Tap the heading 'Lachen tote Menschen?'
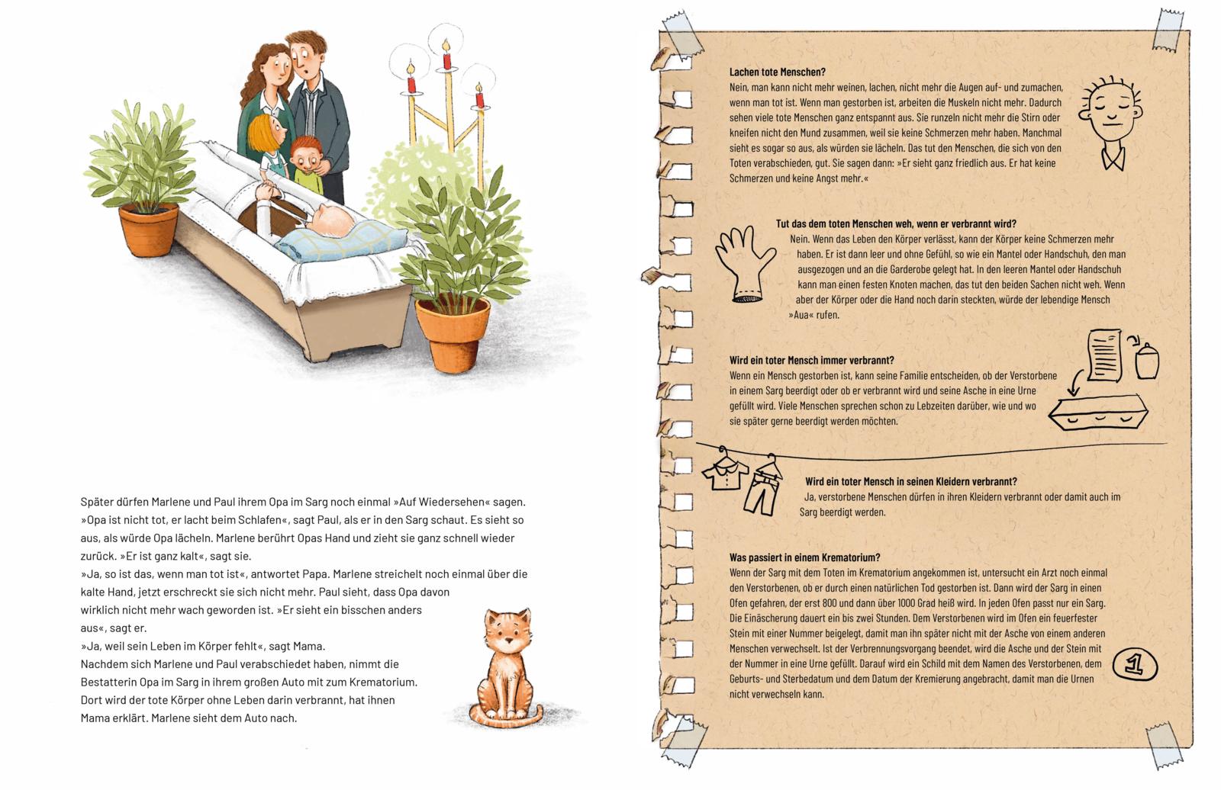point(778,72)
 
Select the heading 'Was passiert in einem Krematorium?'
point(804,557)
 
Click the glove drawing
point(745,264)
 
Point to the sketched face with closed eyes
point(1110,123)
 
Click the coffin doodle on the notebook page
point(1098,412)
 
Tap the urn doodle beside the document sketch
point(1147,361)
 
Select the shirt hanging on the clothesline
point(725,470)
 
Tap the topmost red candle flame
point(446,45)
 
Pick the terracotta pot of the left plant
point(148,230)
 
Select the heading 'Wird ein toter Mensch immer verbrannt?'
point(812,360)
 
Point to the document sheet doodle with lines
point(1104,355)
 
